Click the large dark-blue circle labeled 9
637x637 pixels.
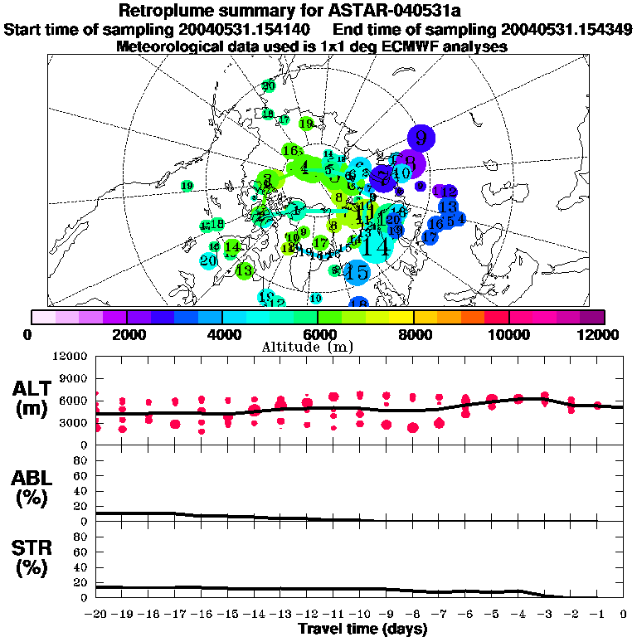point(422,137)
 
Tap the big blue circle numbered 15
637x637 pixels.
point(357,271)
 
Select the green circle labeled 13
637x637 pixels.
point(244,270)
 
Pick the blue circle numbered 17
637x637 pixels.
point(430,237)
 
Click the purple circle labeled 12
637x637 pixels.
point(449,192)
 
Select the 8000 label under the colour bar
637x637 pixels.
point(413,334)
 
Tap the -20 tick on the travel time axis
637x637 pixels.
point(96,615)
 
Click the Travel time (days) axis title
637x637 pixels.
point(362,630)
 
